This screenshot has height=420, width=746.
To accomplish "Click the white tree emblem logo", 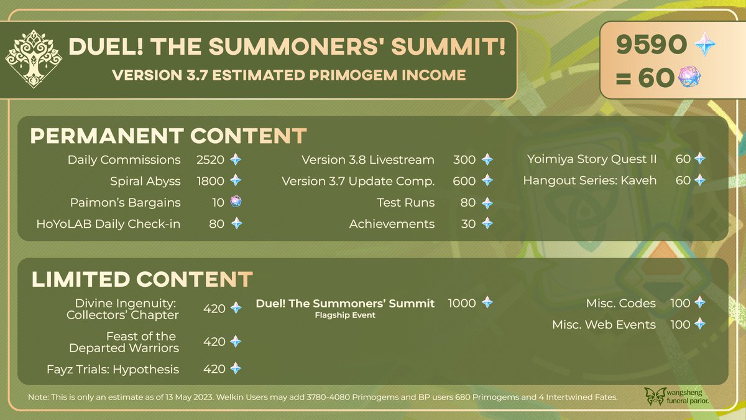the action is click(34, 58).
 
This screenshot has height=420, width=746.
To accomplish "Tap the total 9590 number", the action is click(652, 44).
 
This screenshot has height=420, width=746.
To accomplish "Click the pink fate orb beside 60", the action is click(689, 77).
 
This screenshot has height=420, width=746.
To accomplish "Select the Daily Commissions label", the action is click(124, 160).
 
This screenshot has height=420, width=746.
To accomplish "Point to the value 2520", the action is click(210, 160).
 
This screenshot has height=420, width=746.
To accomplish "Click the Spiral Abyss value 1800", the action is click(210, 181).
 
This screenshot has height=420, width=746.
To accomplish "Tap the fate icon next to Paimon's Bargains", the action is click(236, 202).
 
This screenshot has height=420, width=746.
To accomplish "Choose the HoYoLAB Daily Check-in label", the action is click(108, 223).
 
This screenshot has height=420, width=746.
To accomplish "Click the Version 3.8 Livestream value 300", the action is click(464, 160).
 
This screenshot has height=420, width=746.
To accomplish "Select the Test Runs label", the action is click(405, 202).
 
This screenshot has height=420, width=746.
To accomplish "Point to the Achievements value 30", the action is click(468, 223).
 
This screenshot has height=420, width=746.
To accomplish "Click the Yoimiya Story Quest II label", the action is click(592, 159).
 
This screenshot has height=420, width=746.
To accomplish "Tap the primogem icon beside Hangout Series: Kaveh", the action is click(700, 180).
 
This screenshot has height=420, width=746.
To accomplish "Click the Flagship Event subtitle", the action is click(345, 315).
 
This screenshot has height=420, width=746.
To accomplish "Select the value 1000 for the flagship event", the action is click(461, 303).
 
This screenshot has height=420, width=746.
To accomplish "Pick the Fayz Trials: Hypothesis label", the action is click(113, 370).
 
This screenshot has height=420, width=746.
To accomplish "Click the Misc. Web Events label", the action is click(604, 324).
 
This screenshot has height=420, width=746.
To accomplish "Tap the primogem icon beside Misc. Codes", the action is click(700, 302).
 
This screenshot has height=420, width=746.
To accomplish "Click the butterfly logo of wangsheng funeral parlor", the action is click(655, 396).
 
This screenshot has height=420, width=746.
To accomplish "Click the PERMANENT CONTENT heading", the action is click(168, 136).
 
